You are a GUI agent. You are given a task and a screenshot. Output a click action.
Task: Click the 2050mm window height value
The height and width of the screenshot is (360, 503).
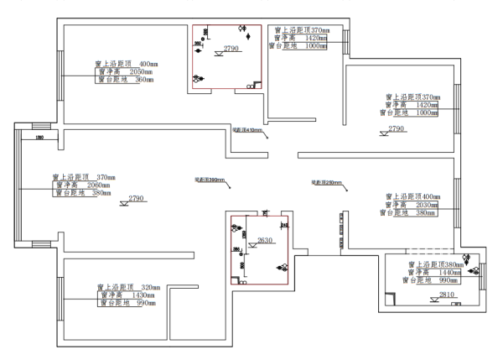(x=144, y=72)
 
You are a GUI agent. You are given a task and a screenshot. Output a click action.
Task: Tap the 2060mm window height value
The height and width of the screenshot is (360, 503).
(x=99, y=185)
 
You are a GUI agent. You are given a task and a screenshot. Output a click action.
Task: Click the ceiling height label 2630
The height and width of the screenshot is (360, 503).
(x=266, y=241)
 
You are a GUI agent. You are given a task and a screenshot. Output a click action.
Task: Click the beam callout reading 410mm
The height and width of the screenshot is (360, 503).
(x=247, y=131)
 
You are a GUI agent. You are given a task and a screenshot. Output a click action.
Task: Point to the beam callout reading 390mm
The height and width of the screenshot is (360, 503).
(x=210, y=180)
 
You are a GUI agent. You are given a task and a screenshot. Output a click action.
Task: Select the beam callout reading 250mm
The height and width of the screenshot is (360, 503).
(x=325, y=181)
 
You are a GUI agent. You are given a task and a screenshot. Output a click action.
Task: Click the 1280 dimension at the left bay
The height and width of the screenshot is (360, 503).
(x=39, y=137)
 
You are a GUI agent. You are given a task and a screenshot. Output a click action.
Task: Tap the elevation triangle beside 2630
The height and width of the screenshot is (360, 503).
(x=253, y=245)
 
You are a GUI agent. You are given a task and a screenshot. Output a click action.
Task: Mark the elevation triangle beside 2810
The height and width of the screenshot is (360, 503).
(x=434, y=300)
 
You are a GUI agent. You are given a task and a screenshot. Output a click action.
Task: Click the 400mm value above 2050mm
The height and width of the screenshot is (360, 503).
(x=149, y=64)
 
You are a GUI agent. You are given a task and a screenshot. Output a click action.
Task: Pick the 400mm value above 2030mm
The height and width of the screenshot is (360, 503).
(x=428, y=196)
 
